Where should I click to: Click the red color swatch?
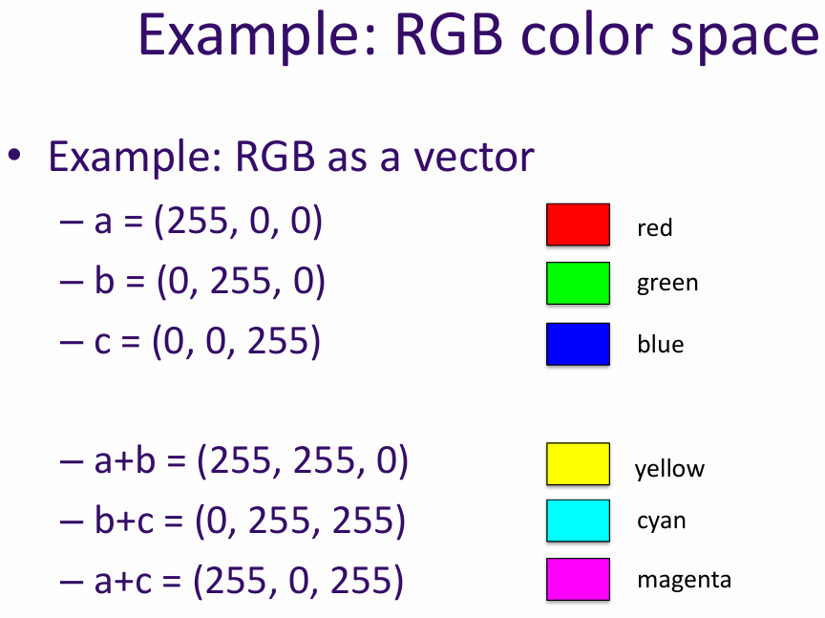click(578, 224)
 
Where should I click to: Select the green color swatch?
click(578, 283)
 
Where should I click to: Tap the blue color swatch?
click(578, 344)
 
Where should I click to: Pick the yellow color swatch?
click(578, 463)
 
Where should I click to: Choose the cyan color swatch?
click(578, 521)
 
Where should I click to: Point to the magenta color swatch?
click(578, 579)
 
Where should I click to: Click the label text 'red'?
click(655, 228)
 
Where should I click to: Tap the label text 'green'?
click(667, 284)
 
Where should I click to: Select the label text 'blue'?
click(661, 344)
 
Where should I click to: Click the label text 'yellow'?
click(669, 469)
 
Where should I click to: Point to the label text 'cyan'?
click(662, 522)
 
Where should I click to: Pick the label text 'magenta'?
click(684, 580)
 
